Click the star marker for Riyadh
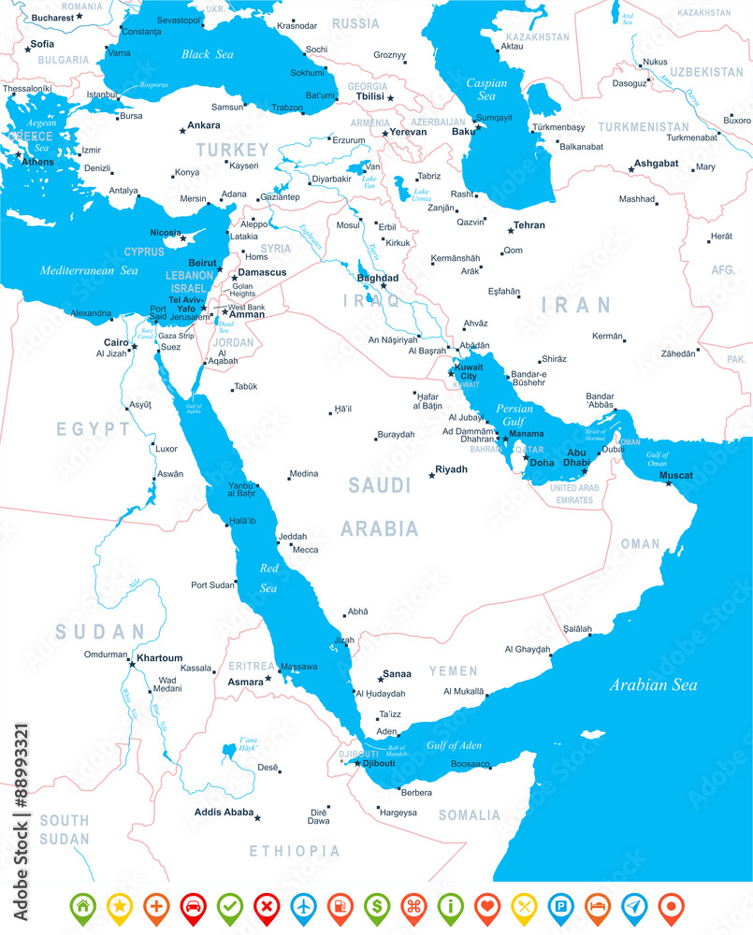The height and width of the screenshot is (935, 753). point(431,476)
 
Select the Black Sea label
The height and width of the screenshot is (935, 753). point(208,54)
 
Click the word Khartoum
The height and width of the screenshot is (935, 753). point(159,658)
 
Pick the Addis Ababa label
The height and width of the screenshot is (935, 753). point(224,812)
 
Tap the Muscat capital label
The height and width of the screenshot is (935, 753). point(676,475)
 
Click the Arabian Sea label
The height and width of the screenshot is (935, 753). point(653,685)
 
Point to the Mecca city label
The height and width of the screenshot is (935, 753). point(305,550)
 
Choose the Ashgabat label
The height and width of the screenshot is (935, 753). point(656,163)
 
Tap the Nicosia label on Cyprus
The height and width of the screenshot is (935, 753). point(167,232)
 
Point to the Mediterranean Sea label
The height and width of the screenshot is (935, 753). point(89,270)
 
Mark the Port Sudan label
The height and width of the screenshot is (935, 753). point(213,585)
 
